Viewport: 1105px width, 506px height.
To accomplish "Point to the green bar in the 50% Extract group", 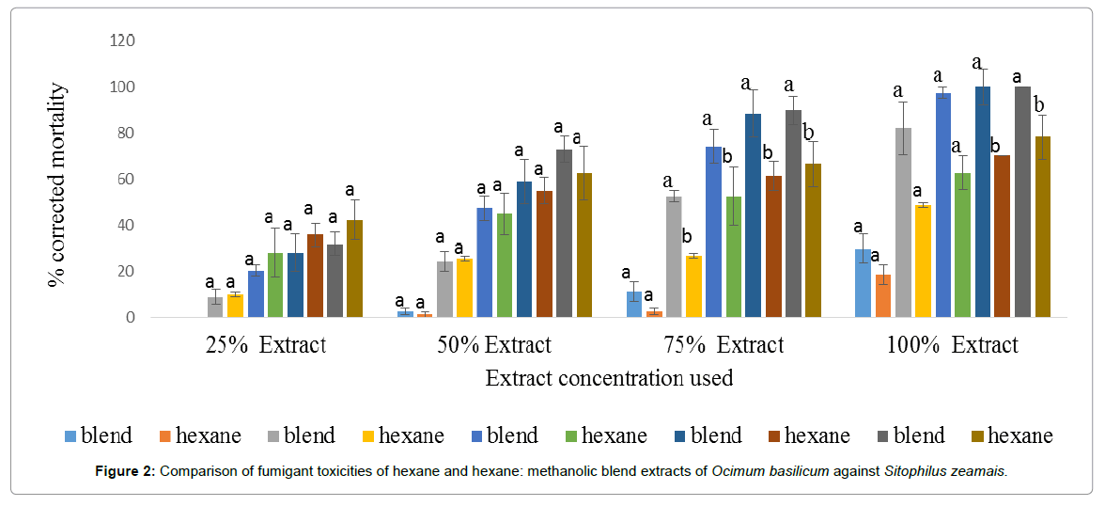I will coord(505,266).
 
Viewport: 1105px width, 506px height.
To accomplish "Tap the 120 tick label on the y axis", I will coord(123,40).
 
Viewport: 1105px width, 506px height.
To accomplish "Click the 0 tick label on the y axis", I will coord(131,318).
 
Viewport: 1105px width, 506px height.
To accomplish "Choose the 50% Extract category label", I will coord(494,345).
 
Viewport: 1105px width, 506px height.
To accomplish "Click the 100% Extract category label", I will coord(951,345).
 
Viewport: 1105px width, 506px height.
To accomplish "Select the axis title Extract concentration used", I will coord(609,378).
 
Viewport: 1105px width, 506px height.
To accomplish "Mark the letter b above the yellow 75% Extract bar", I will coord(687,236).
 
